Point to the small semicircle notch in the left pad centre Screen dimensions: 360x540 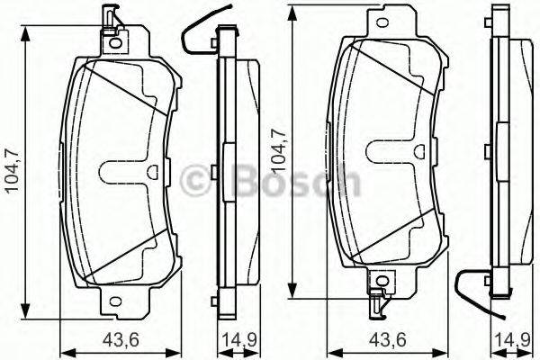[x=152, y=170]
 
